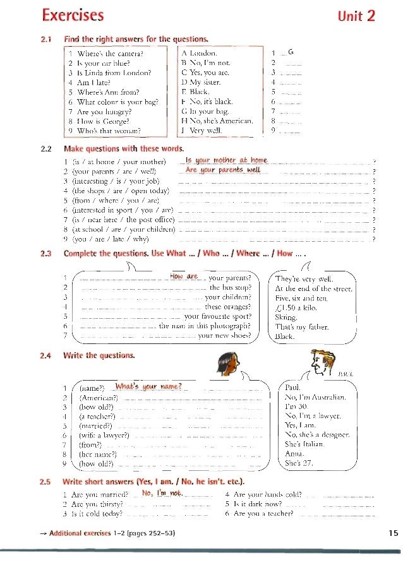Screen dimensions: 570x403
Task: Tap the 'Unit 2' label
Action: [357, 16]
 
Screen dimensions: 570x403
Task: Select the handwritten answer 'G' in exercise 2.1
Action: [291, 52]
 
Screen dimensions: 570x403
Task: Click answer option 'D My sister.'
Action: [201, 82]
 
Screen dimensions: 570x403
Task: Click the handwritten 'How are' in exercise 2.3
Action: [184, 276]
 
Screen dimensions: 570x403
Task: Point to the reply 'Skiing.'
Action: [286, 318]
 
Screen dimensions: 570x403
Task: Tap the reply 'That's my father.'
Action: [302, 327]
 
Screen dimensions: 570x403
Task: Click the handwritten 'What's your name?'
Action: [149, 386]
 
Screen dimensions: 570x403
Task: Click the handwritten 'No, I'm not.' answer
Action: [162, 492]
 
